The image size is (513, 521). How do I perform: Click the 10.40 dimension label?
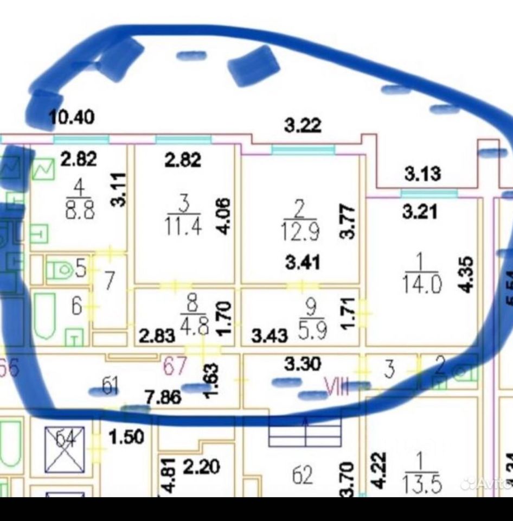click(72, 117)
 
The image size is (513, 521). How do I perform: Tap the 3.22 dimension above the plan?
click(303, 126)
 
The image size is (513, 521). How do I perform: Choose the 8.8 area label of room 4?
click(79, 211)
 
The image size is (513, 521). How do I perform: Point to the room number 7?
click(109, 281)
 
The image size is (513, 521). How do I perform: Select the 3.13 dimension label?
click(422, 175)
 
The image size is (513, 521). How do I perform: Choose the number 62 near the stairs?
click(302, 476)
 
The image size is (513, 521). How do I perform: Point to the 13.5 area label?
click(421, 483)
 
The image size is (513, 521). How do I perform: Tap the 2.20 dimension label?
click(201, 467)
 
